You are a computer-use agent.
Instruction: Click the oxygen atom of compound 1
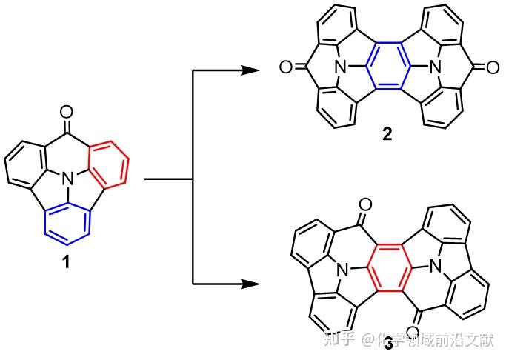tap(67, 113)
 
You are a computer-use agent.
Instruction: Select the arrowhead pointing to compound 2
tap(250, 70)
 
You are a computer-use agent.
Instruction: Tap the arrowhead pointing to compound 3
tap(250, 284)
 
